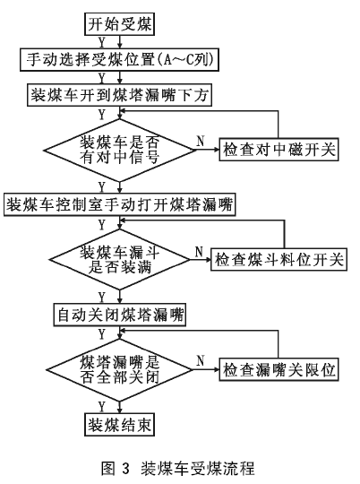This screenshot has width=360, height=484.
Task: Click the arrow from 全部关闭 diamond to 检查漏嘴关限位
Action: point(206,369)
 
